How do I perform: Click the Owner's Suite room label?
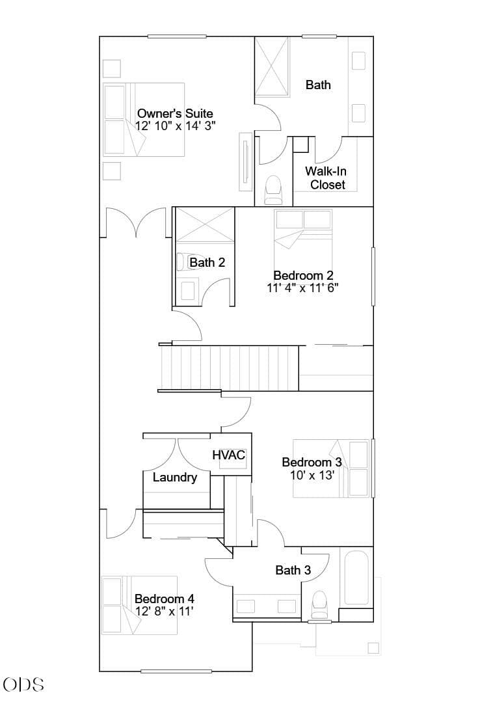[175, 113]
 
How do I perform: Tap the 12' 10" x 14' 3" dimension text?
[176, 126]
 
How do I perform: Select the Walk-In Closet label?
[326, 178]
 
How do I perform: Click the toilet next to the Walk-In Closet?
[274, 190]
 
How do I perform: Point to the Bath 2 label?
[207, 262]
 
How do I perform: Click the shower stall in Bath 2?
[205, 224]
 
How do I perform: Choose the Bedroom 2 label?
[303, 275]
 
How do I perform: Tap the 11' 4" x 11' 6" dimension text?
[302, 288]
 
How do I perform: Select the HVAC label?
[229, 455]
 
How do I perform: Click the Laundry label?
[175, 478]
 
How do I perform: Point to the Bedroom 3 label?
[312, 463]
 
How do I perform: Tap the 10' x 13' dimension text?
[313, 475]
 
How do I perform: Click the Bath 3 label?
[293, 570]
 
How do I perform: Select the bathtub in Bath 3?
[356, 578]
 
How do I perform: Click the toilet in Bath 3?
[319, 605]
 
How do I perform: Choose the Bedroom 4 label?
[165, 599]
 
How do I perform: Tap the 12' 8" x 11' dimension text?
[164, 611]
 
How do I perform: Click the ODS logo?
[23, 684]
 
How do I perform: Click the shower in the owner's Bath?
[272, 67]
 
